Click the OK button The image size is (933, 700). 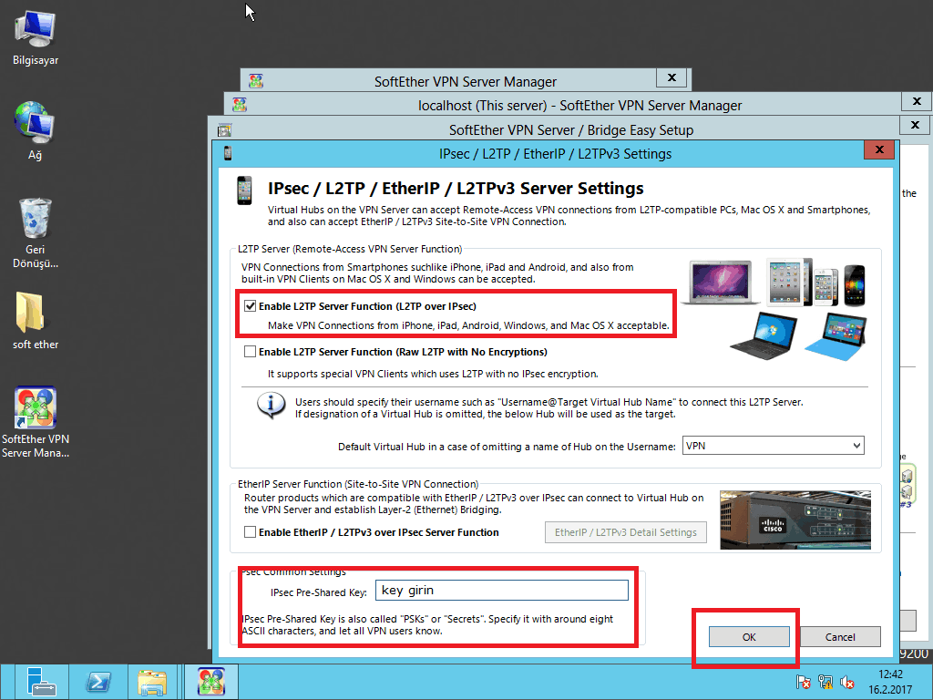(749, 637)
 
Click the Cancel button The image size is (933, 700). (840, 637)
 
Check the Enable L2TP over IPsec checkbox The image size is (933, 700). (250, 306)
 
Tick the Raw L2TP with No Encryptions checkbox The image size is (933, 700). (250, 352)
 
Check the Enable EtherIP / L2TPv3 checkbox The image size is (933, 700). (250, 532)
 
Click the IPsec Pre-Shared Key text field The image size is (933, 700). (502, 591)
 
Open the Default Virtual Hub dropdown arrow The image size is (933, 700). (856, 446)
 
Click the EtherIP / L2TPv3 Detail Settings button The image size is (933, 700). (625, 532)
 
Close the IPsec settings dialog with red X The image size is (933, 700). (879, 150)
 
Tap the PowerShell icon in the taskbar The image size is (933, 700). (98, 682)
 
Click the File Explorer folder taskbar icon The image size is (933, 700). (152, 682)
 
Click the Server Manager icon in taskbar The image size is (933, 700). (40, 682)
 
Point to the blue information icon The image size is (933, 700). (271, 405)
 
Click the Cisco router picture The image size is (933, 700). (795, 520)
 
